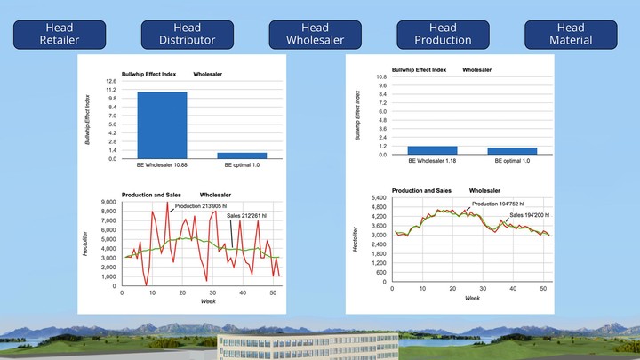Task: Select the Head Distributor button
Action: (187, 34)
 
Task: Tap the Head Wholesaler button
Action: (315, 34)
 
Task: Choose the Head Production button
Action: (443, 34)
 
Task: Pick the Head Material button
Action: (571, 34)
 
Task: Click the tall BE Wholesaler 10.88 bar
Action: (162, 124)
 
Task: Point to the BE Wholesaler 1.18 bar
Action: (432, 150)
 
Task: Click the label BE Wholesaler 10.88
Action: (162, 166)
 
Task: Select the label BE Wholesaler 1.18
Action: (432, 161)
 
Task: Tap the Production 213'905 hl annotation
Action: (201, 206)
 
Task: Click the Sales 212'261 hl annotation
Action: (252, 215)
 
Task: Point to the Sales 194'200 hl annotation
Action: (529, 214)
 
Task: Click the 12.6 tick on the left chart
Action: (111, 81)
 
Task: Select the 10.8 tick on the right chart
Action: (380, 76)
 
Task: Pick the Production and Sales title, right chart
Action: (420, 190)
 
